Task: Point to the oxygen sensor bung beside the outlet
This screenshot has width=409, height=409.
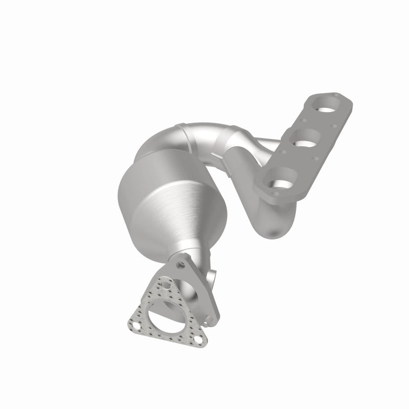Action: [211, 280]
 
